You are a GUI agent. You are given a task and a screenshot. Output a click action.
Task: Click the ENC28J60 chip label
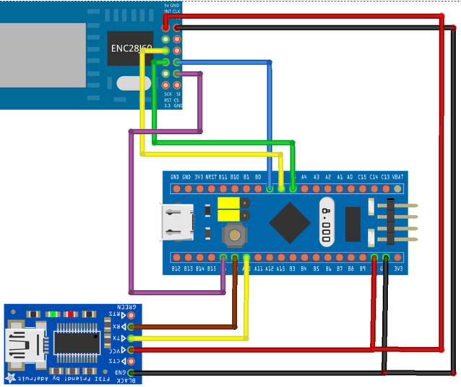131,49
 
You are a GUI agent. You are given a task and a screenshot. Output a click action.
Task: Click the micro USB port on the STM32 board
176,222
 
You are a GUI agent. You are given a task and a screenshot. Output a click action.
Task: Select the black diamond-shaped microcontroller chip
288,223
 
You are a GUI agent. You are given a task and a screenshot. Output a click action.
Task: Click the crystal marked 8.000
327,221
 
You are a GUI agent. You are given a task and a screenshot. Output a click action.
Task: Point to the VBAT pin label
397,177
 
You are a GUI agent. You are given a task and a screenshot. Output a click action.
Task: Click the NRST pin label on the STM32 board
211,177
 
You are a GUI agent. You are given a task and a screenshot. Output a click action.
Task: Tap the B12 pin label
176,268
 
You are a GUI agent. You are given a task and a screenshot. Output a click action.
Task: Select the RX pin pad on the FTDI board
131,326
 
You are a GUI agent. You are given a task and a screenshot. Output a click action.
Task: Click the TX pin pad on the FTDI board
131,338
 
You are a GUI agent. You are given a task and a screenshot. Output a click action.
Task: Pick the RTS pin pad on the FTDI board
131,315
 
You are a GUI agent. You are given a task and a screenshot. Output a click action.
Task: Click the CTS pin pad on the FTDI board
131,361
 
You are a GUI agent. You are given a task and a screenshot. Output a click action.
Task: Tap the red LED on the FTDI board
71,314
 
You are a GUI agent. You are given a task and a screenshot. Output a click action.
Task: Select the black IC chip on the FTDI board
75,344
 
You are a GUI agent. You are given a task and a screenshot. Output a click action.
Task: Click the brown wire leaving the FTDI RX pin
188,326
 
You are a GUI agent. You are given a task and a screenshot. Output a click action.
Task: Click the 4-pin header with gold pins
394,223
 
